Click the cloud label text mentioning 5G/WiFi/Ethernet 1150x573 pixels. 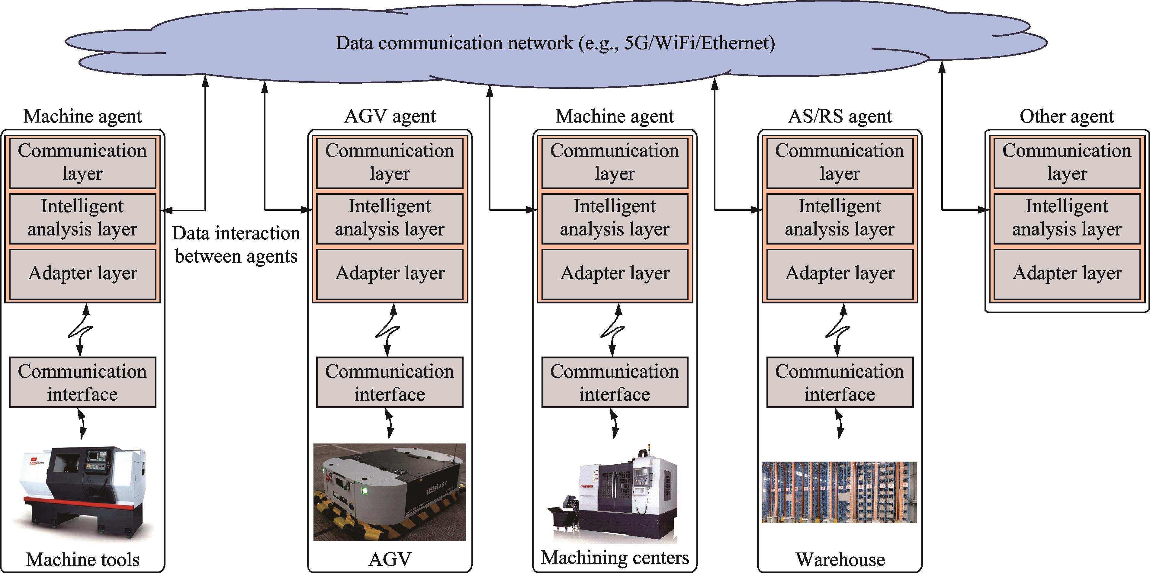[x=555, y=43]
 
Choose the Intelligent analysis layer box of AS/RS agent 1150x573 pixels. [x=840, y=219]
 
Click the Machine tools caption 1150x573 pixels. [x=82, y=559]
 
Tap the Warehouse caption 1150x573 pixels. [x=840, y=559]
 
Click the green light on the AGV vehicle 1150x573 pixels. [x=365, y=491]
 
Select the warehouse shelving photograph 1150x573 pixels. [x=839, y=492]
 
